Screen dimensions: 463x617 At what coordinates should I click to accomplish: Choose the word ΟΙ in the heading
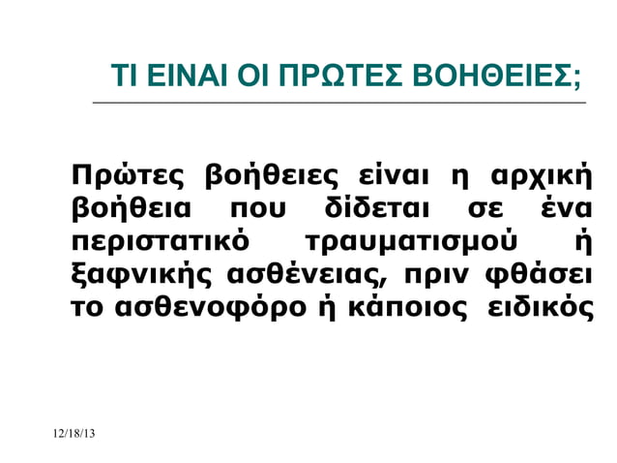tap(256, 75)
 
